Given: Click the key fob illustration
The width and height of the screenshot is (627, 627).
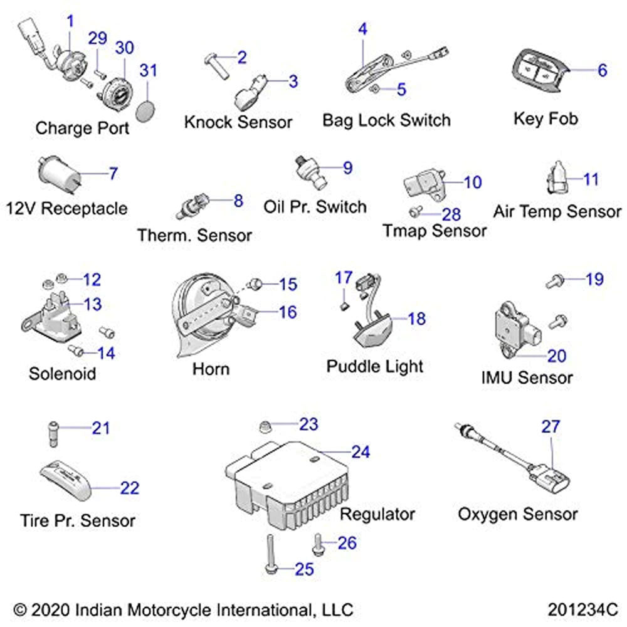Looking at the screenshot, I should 537,73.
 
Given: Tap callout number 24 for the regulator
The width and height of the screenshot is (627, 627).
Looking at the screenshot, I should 361,451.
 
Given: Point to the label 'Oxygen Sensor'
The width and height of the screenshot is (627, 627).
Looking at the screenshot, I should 517,514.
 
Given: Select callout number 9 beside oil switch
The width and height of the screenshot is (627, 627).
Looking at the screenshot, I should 347,167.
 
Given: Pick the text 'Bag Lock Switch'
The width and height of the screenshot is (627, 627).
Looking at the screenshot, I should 386,120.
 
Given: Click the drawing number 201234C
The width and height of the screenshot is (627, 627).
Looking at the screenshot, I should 582,609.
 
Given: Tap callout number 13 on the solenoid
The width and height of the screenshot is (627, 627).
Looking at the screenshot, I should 92,304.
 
